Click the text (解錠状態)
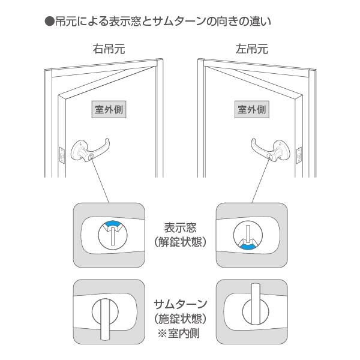click(180, 244)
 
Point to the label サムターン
click(180, 304)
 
